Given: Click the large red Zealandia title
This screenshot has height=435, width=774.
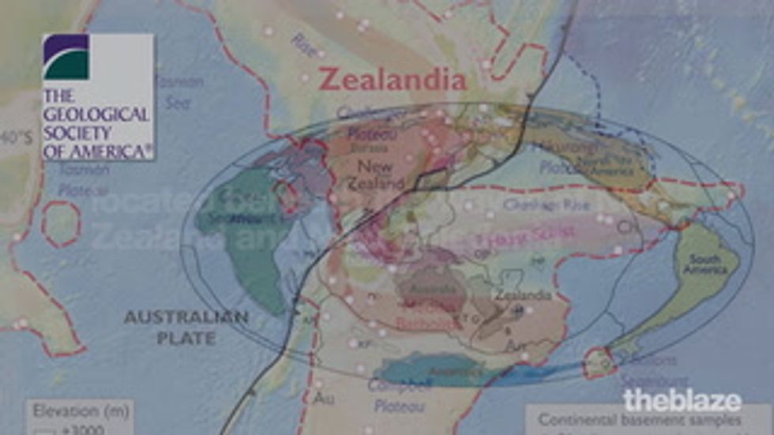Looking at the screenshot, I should point(392,80).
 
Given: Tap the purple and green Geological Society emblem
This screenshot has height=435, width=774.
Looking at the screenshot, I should point(66,57).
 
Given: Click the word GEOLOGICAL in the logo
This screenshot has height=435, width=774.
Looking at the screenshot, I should point(96,114).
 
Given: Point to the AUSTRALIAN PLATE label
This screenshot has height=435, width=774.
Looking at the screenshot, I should point(186,327).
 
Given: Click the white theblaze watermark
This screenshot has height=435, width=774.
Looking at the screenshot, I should point(682,399).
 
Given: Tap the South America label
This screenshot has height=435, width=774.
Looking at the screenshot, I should point(706,264).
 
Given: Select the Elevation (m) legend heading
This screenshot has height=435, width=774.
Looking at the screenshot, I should point(76,411).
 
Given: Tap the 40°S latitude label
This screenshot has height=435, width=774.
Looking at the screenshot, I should point(17,138).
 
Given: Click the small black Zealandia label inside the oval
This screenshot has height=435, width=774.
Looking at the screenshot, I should point(522,295).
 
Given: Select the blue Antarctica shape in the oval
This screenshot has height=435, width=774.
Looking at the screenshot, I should point(442,368).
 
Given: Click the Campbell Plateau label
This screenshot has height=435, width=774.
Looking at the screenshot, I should point(400,394).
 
